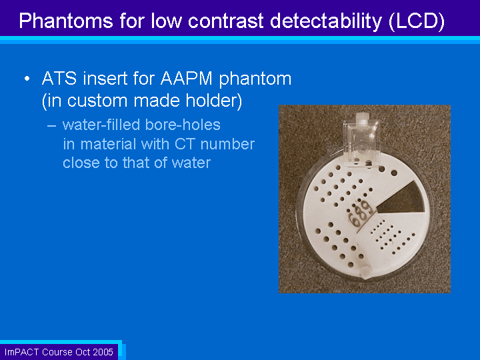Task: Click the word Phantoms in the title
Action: point(66,21)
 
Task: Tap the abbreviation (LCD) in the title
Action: point(417,21)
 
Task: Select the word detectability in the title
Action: point(326,21)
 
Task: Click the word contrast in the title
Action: point(225,21)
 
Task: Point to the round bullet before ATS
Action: point(27,79)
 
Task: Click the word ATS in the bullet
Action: point(59,79)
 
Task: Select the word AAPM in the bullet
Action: point(187,79)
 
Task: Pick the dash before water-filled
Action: point(52,125)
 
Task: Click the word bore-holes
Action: point(183,125)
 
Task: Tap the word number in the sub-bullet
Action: point(227,144)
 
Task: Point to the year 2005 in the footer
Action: point(103,352)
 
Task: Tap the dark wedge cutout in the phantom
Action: point(401,199)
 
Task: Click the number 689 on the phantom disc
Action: point(360,213)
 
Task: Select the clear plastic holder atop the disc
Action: point(362,143)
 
